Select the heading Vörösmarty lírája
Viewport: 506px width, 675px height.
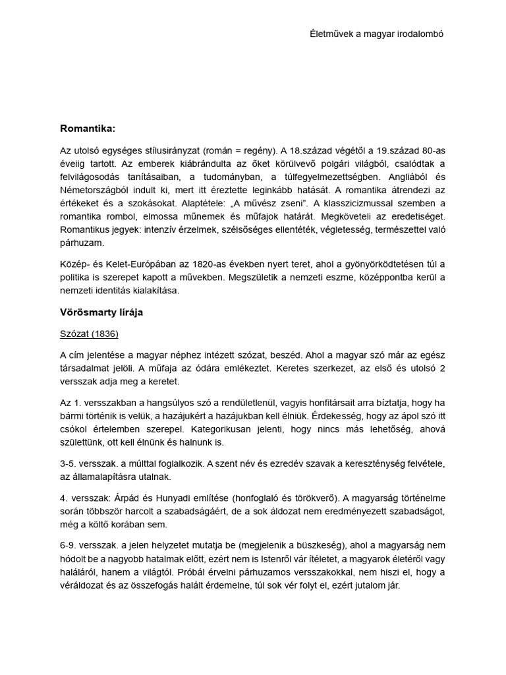[x=101, y=312]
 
